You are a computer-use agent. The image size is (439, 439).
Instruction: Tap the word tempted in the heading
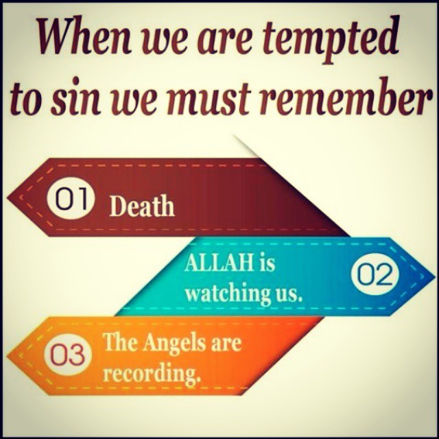pyautogui.click(x=331, y=40)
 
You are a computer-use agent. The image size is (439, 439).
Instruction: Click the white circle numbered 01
pyautogui.click(x=71, y=198)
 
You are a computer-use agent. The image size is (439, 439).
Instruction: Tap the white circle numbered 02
pyautogui.click(x=375, y=274)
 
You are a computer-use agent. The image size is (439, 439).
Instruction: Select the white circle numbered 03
pyautogui.click(x=68, y=355)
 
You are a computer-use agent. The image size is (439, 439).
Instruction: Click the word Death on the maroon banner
pyautogui.click(x=142, y=206)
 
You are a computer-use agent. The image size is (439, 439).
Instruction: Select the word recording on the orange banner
pyautogui.click(x=152, y=375)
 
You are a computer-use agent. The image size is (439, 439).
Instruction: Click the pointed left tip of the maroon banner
pyautogui.click(x=8, y=198)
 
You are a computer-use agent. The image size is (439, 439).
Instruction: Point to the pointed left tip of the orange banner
pyautogui.click(x=7, y=355)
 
